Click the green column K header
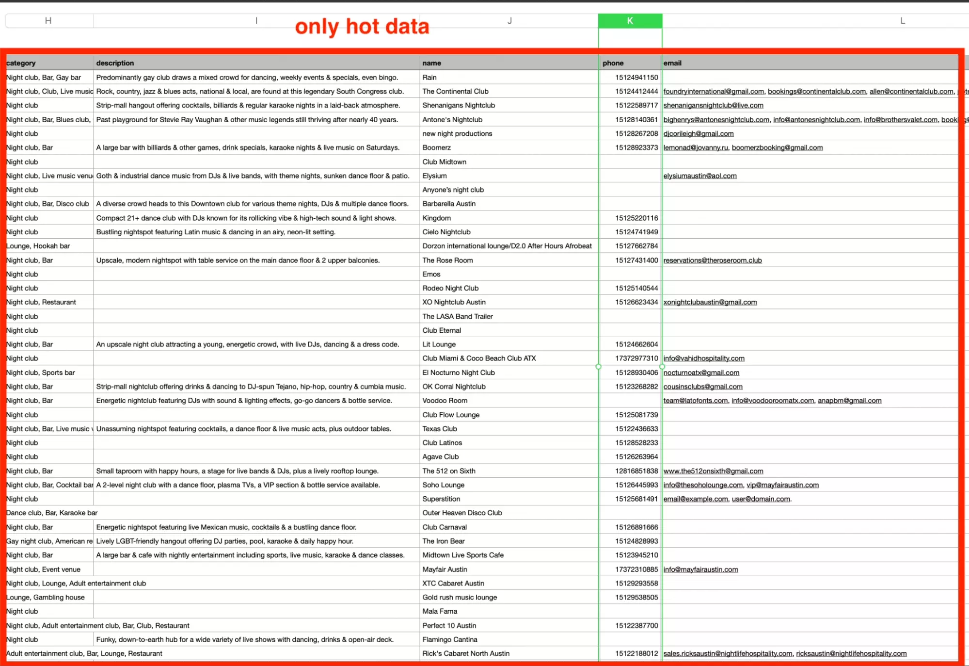[x=630, y=21]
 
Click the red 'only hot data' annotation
[x=362, y=27]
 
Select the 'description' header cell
[x=115, y=63]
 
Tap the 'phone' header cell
[x=613, y=63]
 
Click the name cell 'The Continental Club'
[x=455, y=91]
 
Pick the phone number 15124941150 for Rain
[x=636, y=77]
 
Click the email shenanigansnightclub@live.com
[x=713, y=105]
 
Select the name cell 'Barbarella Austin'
[x=449, y=204]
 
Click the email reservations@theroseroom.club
[x=713, y=260]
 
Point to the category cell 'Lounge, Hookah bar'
[x=38, y=246]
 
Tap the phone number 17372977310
[x=636, y=358]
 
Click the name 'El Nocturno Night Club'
[x=459, y=373]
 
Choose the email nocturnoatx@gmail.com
[x=701, y=373]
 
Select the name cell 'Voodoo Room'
[x=445, y=401]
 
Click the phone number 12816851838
[x=636, y=471]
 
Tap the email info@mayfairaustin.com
[x=700, y=569]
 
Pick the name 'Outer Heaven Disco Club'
[x=462, y=513]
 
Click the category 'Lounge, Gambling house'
[x=46, y=597]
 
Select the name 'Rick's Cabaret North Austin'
[x=466, y=653]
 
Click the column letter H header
[x=48, y=21]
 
